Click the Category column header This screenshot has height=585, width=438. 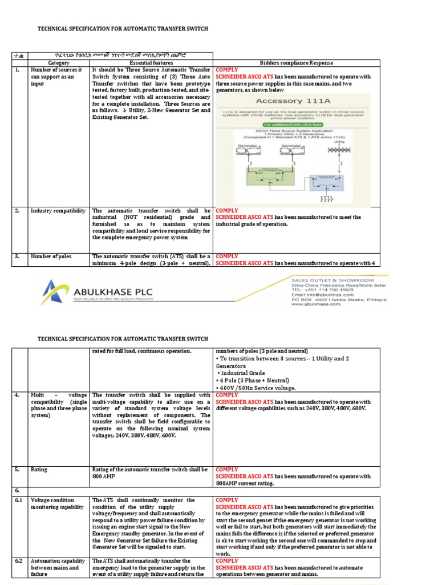[59, 63]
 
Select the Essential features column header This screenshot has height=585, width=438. [151, 63]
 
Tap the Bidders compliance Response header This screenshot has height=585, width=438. [297, 63]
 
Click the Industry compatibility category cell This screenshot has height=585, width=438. [58, 211]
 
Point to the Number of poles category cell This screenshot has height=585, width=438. [51, 257]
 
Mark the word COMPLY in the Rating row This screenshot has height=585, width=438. [227, 470]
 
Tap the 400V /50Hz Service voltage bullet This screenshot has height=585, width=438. [257, 388]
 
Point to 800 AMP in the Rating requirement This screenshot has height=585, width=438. [105, 476]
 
